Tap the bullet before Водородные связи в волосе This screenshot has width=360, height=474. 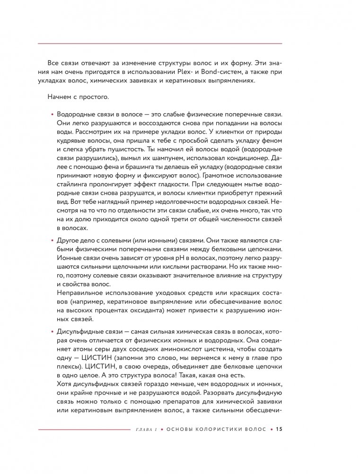52,116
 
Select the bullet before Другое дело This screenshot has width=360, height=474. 52,241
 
